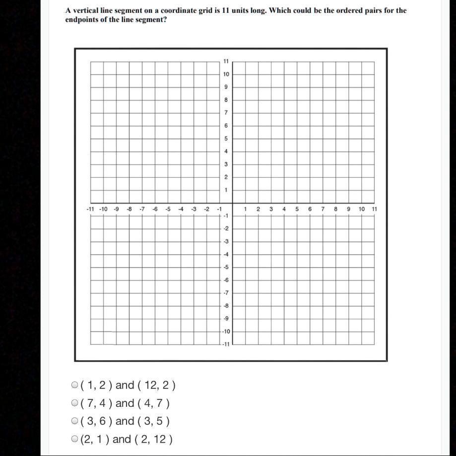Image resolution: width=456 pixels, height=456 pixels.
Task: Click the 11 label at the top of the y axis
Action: coord(226,62)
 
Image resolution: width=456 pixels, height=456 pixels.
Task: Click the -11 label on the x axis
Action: coord(90,209)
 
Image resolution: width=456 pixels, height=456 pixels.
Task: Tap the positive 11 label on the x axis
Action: coord(374,209)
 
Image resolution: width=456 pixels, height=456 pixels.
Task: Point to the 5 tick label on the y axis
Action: coord(226,139)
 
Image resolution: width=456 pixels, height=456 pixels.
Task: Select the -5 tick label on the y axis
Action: coord(226,267)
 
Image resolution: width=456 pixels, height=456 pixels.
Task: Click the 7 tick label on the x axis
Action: coord(323,209)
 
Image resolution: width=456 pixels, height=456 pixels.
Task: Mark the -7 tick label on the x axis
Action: coord(142,209)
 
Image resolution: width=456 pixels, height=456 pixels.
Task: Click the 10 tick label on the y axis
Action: coord(226,75)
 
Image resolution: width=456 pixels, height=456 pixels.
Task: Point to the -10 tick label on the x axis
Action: coord(103,209)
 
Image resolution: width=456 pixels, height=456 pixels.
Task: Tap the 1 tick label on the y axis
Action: coord(226,190)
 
